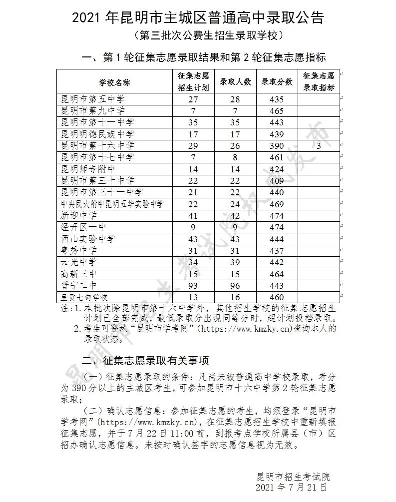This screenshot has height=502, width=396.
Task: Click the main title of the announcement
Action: coord(198,18)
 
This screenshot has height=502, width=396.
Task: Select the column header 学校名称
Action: coord(114,81)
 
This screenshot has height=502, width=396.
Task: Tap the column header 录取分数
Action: coord(276,81)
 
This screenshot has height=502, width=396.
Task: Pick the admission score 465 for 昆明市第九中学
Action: coord(276,111)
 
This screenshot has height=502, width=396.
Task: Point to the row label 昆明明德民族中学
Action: coord(97,134)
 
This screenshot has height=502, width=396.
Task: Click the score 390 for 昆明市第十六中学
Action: coord(276,146)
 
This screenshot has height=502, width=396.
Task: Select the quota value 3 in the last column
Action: coord(318,146)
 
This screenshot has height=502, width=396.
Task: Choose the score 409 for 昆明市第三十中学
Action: coord(276,181)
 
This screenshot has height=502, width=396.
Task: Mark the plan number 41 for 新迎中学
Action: coord(193,216)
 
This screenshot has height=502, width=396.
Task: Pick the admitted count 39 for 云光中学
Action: coord(235,262)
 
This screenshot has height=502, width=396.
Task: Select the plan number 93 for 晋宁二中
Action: coord(193,286)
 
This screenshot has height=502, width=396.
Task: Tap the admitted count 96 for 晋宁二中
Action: coord(235,286)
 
